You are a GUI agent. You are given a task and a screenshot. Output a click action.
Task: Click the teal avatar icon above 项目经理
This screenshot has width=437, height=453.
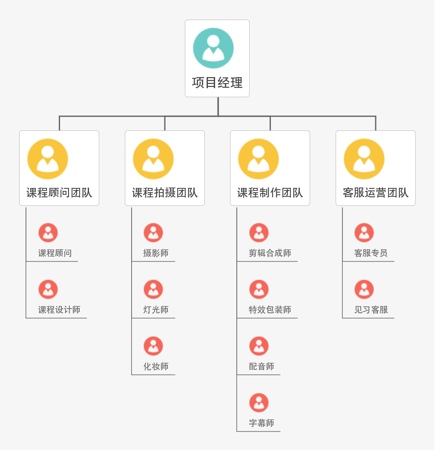coord(213,48)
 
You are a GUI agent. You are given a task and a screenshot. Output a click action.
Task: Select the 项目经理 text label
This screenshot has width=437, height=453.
coord(217,83)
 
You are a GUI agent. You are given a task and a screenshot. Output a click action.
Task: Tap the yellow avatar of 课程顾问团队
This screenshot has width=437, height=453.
coord(48,159)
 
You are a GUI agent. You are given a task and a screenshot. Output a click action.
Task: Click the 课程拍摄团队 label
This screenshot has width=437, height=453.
coord(165,193)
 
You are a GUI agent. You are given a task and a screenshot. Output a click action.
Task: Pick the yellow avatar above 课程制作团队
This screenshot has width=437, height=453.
coord(259,159)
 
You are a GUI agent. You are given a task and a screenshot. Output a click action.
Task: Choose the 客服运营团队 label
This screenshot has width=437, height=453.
coord(376,193)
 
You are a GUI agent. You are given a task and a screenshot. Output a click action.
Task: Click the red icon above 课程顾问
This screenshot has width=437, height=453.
coord(48,233)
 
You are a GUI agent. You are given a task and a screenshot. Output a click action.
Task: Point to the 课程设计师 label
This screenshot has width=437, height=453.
coord(59,310)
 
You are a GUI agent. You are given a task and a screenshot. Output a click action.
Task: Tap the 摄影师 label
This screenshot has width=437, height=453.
coord(156,253)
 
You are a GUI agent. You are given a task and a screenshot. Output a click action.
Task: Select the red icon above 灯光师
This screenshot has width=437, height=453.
coord(153,289)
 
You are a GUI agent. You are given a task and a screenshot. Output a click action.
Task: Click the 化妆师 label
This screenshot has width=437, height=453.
coord(156,366)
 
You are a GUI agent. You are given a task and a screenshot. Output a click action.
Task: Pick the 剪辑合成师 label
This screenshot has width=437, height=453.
coord(270,253)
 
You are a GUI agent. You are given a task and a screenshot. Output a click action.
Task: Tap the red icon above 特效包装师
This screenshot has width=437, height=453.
coord(259,289)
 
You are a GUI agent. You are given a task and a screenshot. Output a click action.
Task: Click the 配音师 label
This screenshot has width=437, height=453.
coord(262,366)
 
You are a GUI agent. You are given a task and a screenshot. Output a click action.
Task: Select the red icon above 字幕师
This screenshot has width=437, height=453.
coord(259,403)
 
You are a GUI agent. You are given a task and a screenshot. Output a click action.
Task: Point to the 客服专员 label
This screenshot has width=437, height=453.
coord(371,253)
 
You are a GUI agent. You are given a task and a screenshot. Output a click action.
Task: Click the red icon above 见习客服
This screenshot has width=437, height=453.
coord(364,289)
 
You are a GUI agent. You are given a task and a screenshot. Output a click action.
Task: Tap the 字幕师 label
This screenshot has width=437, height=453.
coord(262,423)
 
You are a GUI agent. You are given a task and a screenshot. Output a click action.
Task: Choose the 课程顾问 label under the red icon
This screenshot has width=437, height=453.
coord(55,253)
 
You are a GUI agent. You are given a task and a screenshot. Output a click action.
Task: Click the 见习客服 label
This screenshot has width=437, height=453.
coord(371,310)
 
